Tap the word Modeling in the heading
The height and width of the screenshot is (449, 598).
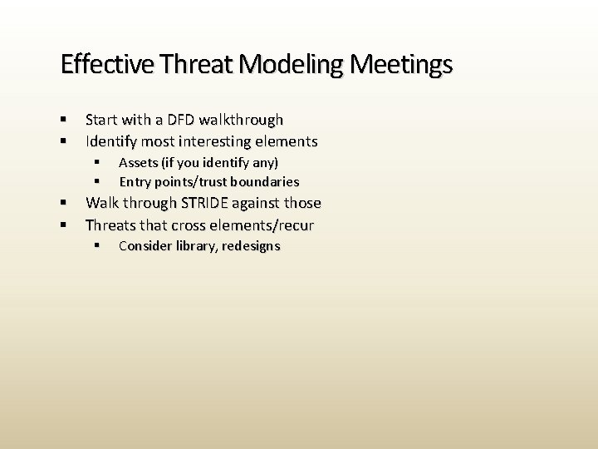tap(281, 64)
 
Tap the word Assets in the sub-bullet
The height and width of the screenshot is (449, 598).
tap(138, 162)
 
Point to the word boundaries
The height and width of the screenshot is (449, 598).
tap(266, 181)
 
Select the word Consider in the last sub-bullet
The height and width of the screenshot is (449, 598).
tap(145, 246)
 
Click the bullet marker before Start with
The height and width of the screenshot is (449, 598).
tap(64, 120)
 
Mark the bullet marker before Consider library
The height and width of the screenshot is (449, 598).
tap(97, 246)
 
